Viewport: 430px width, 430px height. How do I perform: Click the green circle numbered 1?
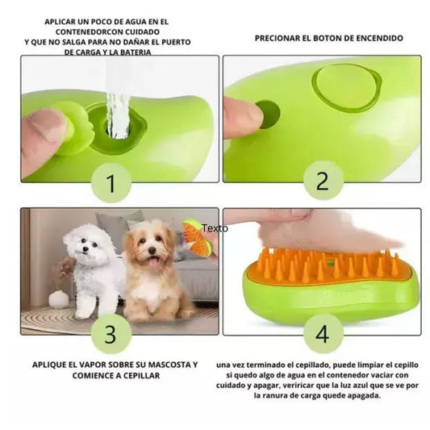pos(111,182)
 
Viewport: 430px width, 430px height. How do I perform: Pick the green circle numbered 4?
pos(323,333)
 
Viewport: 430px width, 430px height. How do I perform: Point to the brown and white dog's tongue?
pos(152,263)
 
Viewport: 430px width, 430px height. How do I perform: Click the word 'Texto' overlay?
pos(215,228)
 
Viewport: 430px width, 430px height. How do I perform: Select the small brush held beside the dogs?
pos(195,236)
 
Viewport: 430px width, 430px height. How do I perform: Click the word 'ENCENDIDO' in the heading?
pos(376,38)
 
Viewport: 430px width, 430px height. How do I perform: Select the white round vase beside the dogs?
pos(58,298)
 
